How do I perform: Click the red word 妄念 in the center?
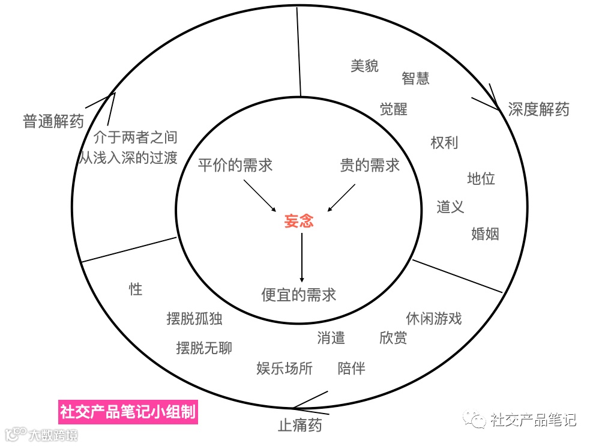tap(298, 221)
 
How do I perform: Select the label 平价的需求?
tap(235, 165)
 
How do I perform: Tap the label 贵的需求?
tap(369, 165)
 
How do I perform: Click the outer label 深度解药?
tap(538, 109)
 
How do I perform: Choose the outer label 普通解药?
tap(53, 121)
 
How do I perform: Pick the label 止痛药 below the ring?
tap(300, 425)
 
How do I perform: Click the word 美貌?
tap(364, 66)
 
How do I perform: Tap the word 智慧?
tap(415, 78)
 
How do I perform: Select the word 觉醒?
tap(393, 109)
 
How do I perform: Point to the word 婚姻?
tap(485, 234)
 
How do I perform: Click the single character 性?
tap(136, 289)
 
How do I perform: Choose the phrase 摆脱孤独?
tap(194, 318)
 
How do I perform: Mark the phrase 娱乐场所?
tap(284, 368)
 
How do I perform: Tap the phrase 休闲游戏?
tap(433, 318)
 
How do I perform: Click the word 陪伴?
tap(351, 368)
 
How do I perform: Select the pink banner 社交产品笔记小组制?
tap(128, 412)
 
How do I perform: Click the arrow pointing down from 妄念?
tap(302, 258)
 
